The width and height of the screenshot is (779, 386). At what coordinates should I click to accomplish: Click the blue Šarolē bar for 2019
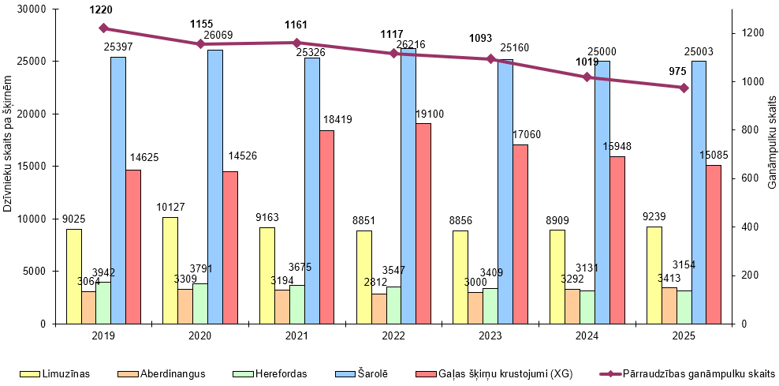pyautogui.click(x=118, y=189)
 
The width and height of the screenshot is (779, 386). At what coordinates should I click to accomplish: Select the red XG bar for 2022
pyautogui.click(x=423, y=223)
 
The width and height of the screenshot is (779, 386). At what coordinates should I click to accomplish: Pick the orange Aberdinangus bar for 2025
pyautogui.click(x=669, y=305)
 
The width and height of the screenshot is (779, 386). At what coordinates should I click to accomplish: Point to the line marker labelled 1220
pyautogui.click(x=103, y=28)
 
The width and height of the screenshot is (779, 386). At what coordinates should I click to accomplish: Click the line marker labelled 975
pyautogui.click(x=684, y=88)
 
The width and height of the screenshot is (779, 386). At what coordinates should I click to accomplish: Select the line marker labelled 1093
pyautogui.click(x=490, y=59)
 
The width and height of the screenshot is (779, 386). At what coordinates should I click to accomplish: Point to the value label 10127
pyautogui.click(x=170, y=208)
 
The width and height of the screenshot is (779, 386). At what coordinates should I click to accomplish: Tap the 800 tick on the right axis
pyautogui.click(x=748, y=130)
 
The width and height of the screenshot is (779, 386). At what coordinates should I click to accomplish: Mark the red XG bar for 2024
pyautogui.click(x=617, y=240)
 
